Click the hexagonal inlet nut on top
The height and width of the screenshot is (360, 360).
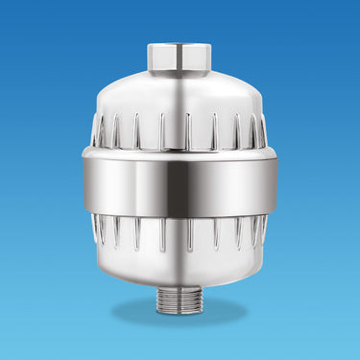point(180,57)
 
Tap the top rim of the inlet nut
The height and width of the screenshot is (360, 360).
point(180,44)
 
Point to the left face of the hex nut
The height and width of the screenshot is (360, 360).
point(157,58)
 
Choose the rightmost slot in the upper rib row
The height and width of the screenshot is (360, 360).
point(262,131)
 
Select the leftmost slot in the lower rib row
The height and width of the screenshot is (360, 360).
point(98,230)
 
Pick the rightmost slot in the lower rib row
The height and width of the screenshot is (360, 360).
point(261,230)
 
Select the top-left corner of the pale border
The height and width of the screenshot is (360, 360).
point(2,2)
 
